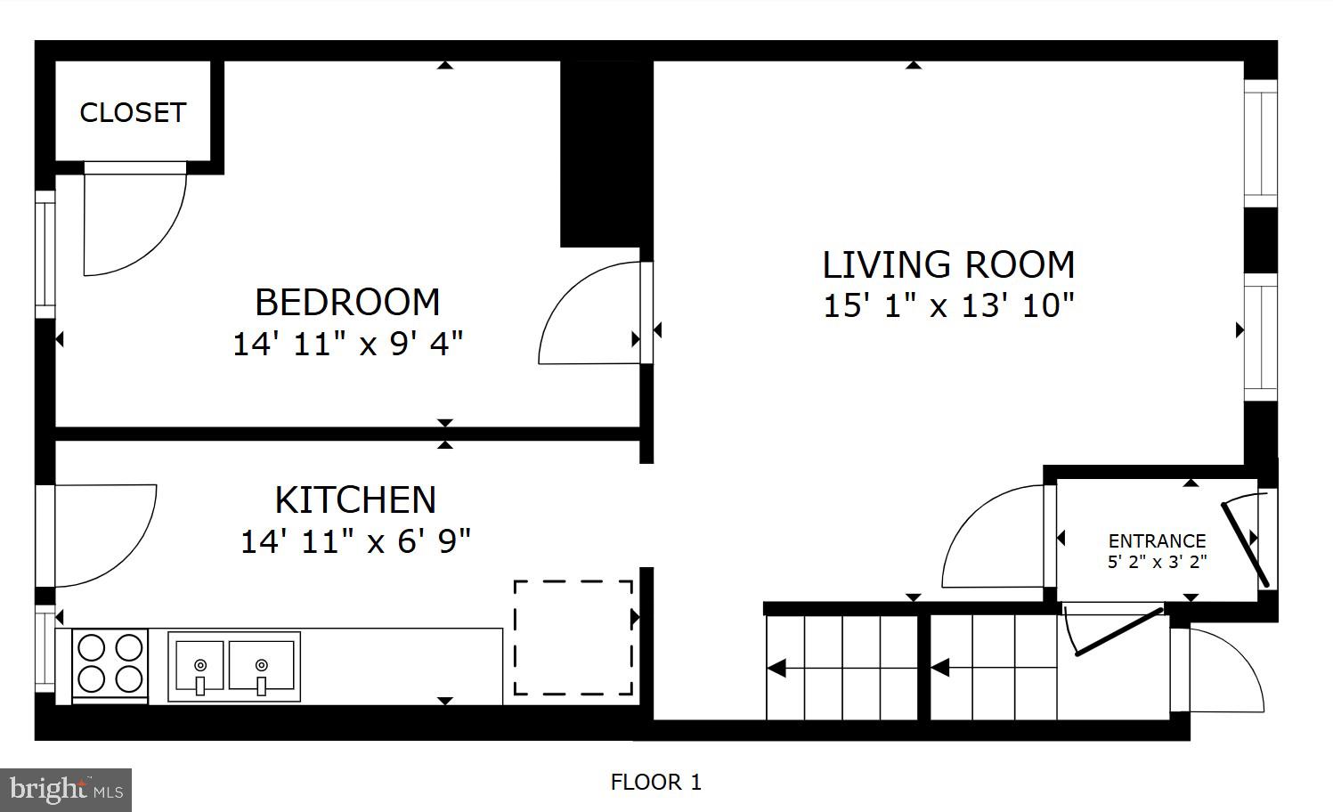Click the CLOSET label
[133, 112]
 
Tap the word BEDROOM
[347, 303]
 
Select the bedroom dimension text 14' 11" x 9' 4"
[347, 344]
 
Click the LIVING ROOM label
[948, 265]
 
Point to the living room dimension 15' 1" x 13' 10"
[948, 305]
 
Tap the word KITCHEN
[355, 500]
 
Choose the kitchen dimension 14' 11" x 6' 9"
[355, 540]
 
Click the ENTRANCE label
[1157, 540]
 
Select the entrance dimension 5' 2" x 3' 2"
[1157, 562]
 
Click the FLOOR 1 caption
[655, 783]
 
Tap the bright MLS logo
[66, 790]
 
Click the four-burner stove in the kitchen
[110, 662]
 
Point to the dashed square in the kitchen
[573, 637]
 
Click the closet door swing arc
[134, 221]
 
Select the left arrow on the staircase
[776, 668]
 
